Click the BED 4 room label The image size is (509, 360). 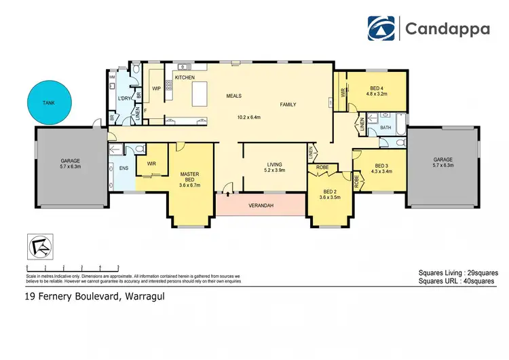point(377,88)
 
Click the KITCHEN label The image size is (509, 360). point(185,77)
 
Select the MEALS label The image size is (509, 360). point(234,96)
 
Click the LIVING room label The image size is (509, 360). point(274,164)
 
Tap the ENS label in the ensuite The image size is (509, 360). point(124,167)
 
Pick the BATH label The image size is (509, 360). point(385,128)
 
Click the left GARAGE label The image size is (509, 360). point(70,160)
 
